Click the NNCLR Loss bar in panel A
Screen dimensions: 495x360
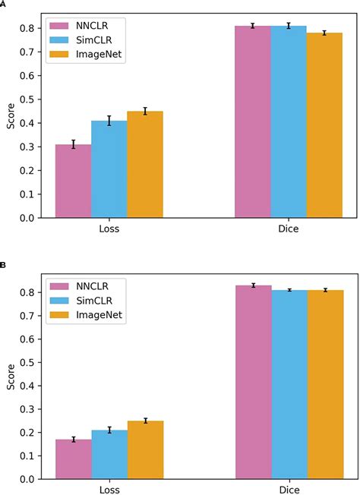pos(73,181)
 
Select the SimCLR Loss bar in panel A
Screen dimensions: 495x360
pos(109,169)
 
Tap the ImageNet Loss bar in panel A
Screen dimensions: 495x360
pos(145,164)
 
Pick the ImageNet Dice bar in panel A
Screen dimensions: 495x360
pos(324,125)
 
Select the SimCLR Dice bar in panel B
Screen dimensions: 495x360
pos(289,384)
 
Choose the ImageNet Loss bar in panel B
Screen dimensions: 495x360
pos(145,449)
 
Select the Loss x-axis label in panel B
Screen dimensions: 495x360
pos(109,488)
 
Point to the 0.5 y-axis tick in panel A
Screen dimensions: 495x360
pos(30,99)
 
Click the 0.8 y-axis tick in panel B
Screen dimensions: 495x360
pos(30,292)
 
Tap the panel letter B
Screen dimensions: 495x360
pos(4,265)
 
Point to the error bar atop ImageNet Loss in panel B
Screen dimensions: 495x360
pos(145,421)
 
